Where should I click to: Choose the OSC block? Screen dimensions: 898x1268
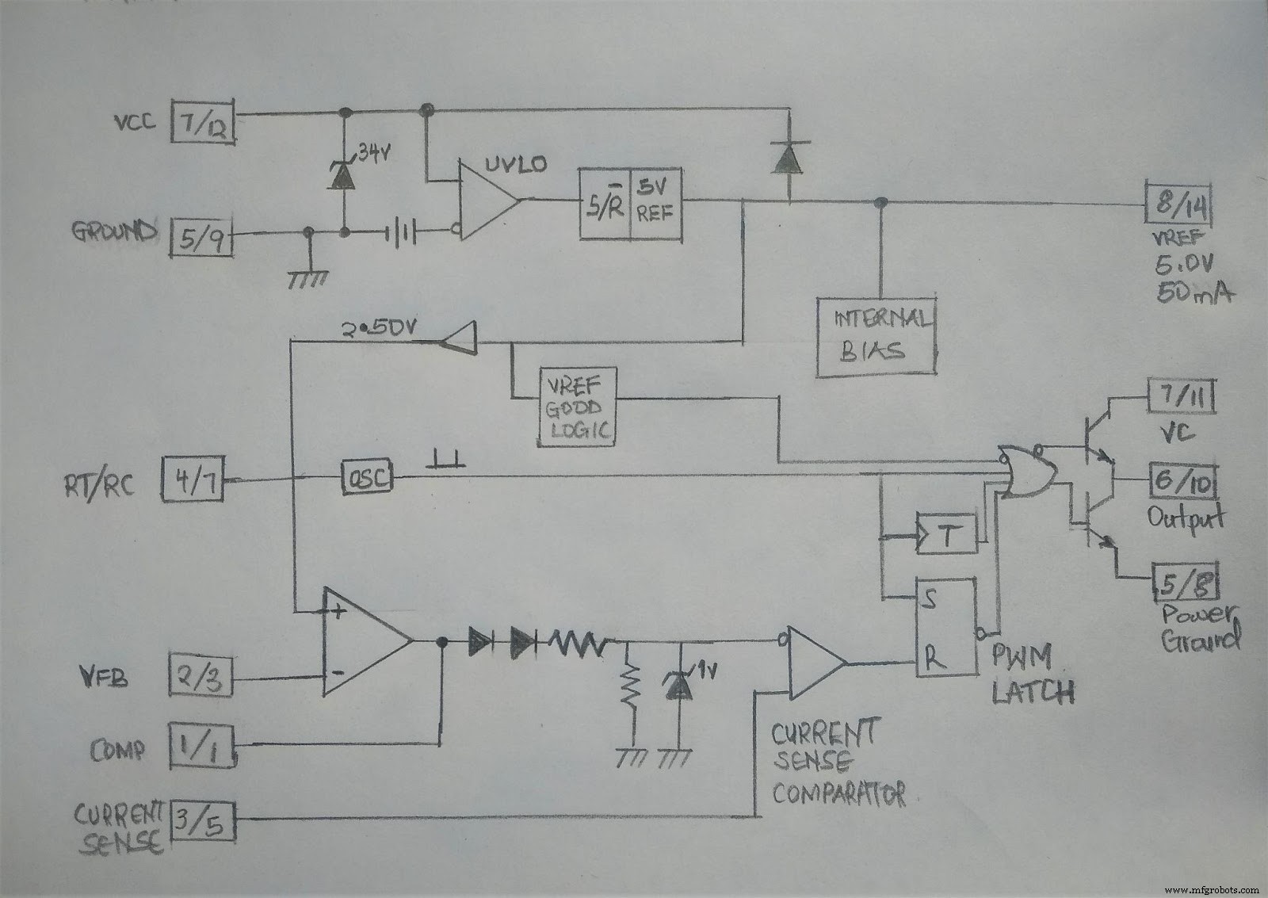[368, 477]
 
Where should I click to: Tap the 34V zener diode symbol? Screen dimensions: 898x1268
[342, 175]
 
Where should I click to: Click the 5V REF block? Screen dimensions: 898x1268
[631, 204]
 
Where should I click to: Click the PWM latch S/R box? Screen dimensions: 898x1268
[945, 627]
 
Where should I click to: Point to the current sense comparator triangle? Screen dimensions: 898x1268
[814, 663]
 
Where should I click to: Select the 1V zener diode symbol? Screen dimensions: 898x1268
[678, 682]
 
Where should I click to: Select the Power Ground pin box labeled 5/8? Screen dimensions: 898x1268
[1185, 583]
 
